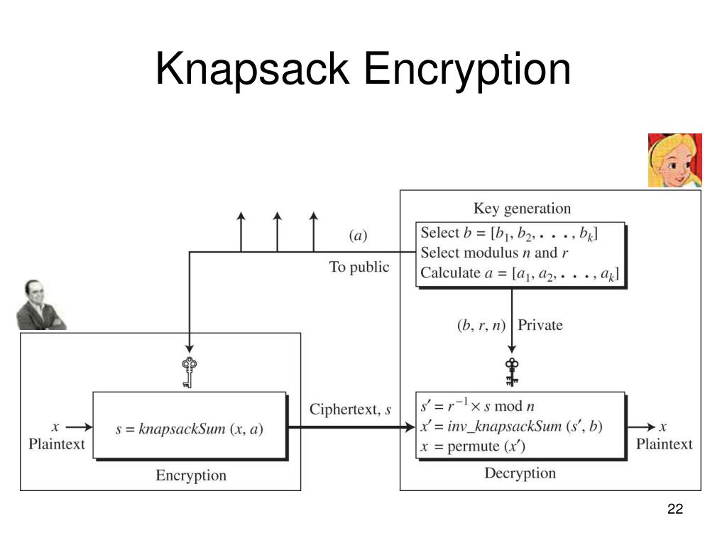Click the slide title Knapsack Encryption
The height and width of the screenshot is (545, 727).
click(x=363, y=69)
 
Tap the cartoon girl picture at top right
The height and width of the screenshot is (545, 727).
click(x=674, y=160)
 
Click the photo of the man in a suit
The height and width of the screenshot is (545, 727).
click(x=40, y=304)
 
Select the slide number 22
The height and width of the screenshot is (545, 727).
click(x=674, y=510)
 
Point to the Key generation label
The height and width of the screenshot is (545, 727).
click(x=522, y=209)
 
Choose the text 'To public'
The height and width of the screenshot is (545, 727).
click(x=359, y=267)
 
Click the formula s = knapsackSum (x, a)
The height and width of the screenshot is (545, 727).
click(x=190, y=429)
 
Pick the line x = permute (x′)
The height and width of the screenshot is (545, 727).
click(x=472, y=446)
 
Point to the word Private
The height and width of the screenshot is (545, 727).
click(x=540, y=325)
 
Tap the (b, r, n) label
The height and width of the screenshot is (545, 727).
click(x=481, y=325)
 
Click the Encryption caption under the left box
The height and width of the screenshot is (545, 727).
click(x=191, y=475)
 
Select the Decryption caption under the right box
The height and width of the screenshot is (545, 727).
click(x=520, y=473)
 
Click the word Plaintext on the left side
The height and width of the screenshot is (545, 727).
click(x=56, y=444)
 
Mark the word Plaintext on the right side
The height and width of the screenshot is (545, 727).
click(x=664, y=444)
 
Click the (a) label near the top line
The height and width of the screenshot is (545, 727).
click(x=358, y=235)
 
